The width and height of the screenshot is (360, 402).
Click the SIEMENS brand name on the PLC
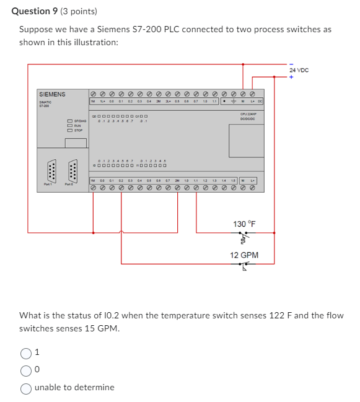pyautogui.click(x=52, y=94)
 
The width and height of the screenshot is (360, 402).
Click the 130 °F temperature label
pyautogui.click(x=244, y=224)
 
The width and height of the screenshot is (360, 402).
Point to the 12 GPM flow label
pyautogui.click(x=244, y=255)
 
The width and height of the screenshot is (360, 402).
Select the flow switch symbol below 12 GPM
pyautogui.click(x=244, y=267)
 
